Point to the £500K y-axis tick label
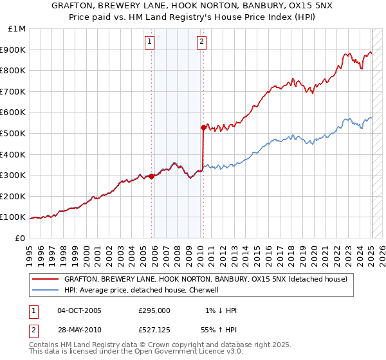click(15, 133)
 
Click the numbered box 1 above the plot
click(149, 42)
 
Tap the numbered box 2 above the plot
click(201, 42)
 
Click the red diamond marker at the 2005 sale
click(152, 176)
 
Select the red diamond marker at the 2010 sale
click(203, 127)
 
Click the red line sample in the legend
click(45, 279)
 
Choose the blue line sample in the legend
click(45, 290)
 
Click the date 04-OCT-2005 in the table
click(79, 310)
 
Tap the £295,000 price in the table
click(154, 310)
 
